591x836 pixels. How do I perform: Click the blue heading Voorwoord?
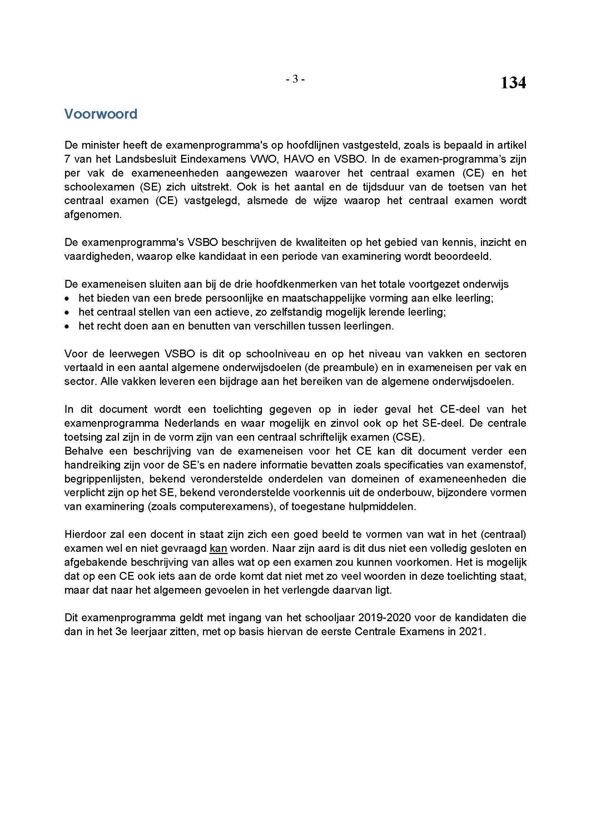point(101,114)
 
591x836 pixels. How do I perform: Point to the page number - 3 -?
point(295,79)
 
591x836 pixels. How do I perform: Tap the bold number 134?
point(513,83)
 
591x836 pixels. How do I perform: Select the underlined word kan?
point(218,548)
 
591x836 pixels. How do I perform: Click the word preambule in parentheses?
point(349,367)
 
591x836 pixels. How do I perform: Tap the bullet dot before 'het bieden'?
point(66,298)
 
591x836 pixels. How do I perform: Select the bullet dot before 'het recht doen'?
point(66,326)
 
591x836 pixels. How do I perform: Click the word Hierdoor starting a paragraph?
point(86,534)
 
